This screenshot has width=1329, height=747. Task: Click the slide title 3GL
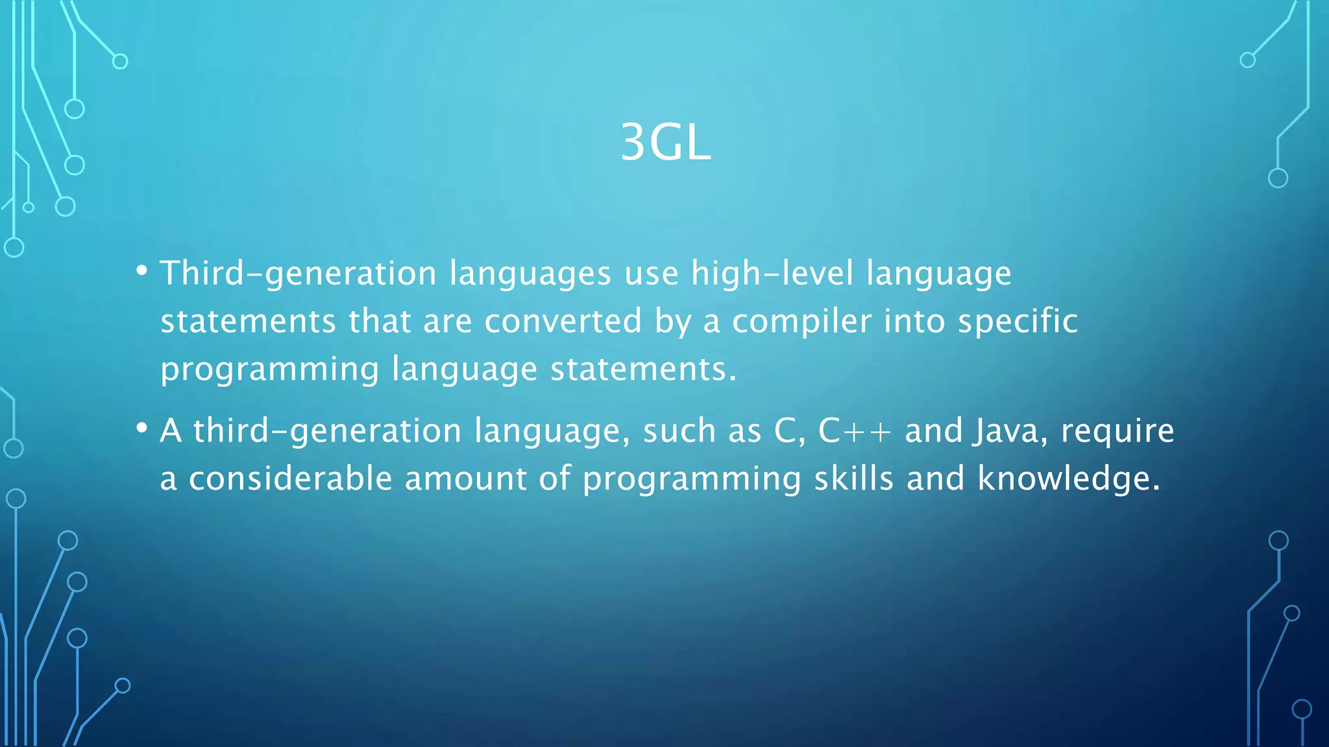pyautogui.click(x=665, y=143)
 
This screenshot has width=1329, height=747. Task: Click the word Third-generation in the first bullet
pyautogui.click(x=298, y=274)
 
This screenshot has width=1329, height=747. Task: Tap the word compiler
pyautogui.click(x=801, y=322)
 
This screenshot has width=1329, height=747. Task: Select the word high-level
pyautogui.click(x=772, y=274)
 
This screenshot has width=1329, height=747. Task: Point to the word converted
pyautogui.click(x=563, y=322)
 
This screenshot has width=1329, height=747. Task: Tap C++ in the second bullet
pyautogui.click(x=855, y=431)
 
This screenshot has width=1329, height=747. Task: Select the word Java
pyautogui.click(x=1005, y=431)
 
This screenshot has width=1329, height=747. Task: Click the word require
pyautogui.click(x=1117, y=431)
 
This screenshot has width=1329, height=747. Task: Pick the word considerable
pyautogui.click(x=290, y=479)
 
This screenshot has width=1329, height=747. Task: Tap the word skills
pyautogui.click(x=853, y=479)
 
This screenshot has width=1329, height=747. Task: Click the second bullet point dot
pyautogui.click(x=142, y=428)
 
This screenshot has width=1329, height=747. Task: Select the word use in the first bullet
pyautogui.click(x=651, y=274)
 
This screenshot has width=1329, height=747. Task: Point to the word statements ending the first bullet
pyautogui.click(x=642, y=370)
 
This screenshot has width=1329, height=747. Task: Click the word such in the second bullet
pyautogui.click(x=679, y=431)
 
